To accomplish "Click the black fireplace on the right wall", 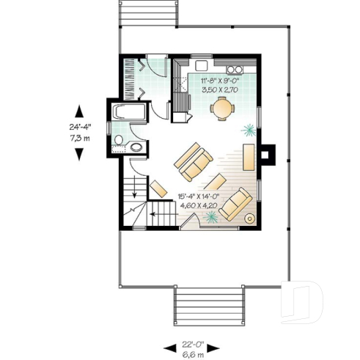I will [x=268, y=155].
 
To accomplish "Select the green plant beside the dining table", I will [x=249, y=130].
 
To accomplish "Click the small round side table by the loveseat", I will [x=250, y=218].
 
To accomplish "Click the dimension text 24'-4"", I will [x=81, y=126].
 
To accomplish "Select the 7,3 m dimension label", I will [x=81, y=137].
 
